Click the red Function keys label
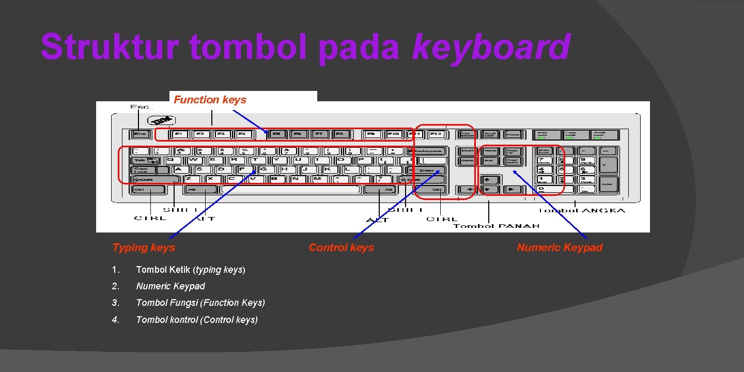pyautogui.click(x=210, y=100)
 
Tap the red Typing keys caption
pyautogui.click(x=144, y=247)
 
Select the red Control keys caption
pyautogui.click(x=341, y=247)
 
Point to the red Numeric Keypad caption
pyautogui.click(x=560, y=247)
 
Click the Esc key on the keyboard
pyautogui.click(x=140, y=134)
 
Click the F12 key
pyautogui.click(x=436, y=134)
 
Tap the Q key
pyautogui.click(x=170, y=160)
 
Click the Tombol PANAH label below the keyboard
pyautogui.click(x=496, y=226)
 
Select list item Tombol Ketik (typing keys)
pyautogui.click(x=190, y=270)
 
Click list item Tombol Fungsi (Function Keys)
pyautogui.click(x=200, y=303)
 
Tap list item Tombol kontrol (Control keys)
pyautogui.click(x=196, y=320)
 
